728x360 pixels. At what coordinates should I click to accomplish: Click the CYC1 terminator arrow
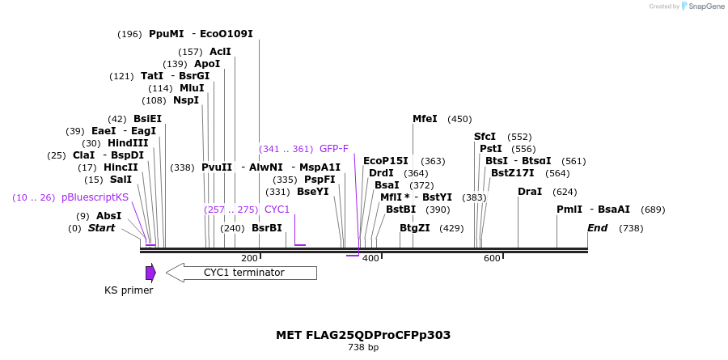(x=241, y=273)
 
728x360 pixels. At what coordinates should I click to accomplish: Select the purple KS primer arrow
(x=150, y=273)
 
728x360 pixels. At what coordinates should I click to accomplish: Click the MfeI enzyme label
(x=425, y=119)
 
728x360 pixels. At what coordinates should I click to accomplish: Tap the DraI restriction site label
(x=529, y=192)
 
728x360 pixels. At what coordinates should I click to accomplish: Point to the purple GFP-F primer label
(x=334, y=149)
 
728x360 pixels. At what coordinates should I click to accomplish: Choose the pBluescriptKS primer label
(x=95, y=197)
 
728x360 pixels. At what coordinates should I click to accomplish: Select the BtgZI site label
(x=415, y=228)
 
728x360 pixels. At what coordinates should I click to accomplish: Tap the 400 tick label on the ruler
(x=370, y=258)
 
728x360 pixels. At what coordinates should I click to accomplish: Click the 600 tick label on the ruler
(x=492, y=258)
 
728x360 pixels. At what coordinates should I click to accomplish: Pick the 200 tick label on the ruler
(x=249, y=258)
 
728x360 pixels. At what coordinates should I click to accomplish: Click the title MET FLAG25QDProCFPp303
(x=363, y=335)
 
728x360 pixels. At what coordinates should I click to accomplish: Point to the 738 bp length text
(x=363, y=348)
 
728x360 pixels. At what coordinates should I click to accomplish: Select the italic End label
(x=597, y=228)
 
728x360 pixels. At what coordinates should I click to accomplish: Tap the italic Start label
(x=101, y=228)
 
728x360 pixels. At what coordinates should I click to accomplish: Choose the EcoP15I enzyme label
(x=386, y=161)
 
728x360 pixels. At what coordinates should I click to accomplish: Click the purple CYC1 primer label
(x=277, y=210)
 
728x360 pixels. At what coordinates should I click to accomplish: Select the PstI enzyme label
(x=491, y=149)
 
